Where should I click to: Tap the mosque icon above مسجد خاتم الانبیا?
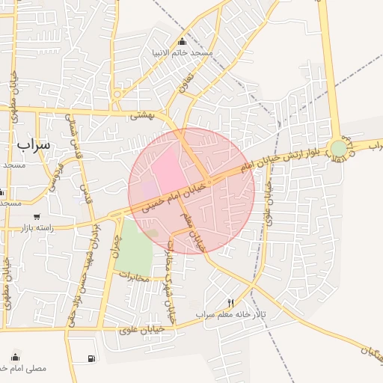[183, 41]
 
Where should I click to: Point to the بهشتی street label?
[141, 115]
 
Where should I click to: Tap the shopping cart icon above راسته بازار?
[37, 216]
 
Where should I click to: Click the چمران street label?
[115, 247]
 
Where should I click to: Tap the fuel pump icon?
[91, 359]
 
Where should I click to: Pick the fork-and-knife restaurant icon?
[230, 303]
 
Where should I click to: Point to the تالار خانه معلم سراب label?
[231, 314]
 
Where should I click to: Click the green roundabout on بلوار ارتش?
[339, 148]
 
